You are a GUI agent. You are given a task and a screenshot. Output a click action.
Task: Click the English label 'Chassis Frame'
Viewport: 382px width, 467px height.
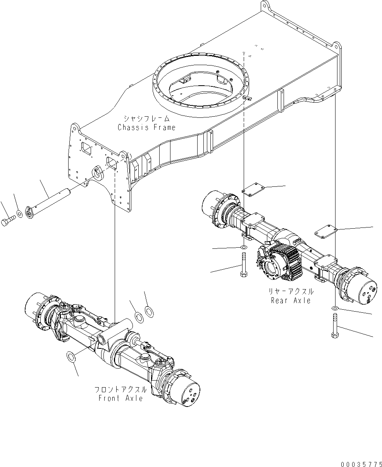coord(146,128)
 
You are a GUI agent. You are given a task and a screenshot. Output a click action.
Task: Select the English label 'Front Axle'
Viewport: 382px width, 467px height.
coord(120,398)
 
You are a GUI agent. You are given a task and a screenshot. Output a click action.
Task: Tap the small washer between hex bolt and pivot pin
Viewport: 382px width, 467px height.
coord(19,214)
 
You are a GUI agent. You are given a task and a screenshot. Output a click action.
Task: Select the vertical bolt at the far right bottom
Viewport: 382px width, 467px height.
coord(335,326)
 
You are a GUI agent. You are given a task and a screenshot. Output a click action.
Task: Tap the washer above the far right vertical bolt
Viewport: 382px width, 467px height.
coord(335,308)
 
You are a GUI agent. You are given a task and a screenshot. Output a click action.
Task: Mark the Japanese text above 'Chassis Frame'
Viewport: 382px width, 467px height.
coord(146,118)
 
